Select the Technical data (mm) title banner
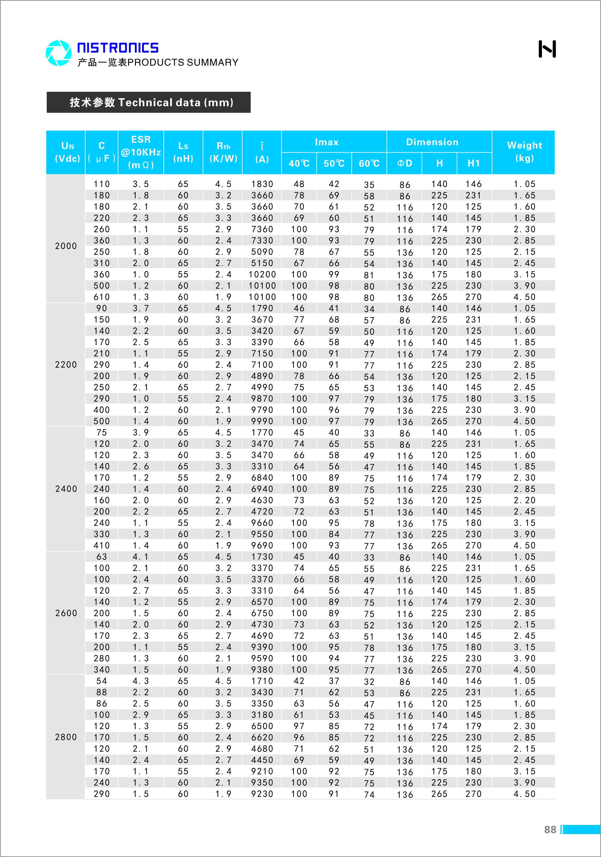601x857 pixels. click(x=148, y=102)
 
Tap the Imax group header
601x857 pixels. click(x=327, y=142)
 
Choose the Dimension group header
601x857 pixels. click(x=432, y=142)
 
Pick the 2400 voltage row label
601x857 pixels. click(x=66, y=489)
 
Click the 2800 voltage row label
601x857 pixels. click(x=66, y=737)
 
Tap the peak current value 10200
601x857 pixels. click(x=262, y=274)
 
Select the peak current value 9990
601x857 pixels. click(x=262, y=422)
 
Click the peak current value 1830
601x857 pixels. click(x=262, y=184)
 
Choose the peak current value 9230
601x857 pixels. click(x=262, y=794)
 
